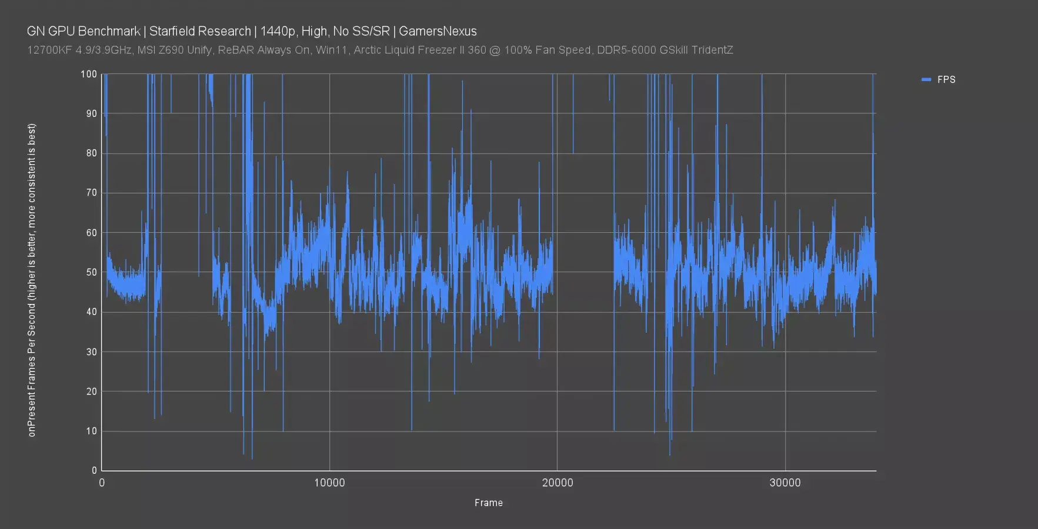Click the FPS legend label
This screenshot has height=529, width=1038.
click(946, 79)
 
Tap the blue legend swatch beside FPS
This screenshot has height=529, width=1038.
click(926, 79)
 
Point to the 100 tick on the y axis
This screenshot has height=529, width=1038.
click(89, 74)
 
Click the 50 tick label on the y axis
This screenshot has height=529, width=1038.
click(91, 272)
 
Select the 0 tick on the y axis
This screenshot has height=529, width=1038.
click(94, 470)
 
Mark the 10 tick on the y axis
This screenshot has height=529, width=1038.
click(91, 431)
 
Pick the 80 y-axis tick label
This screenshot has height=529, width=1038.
click(91, 153)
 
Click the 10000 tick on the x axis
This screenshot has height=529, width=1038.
click(329, 483)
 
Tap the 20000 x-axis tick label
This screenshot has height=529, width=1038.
click(557, 483)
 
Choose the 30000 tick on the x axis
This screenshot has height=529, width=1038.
click(785, 483)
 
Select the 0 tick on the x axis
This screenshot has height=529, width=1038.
click(102, 483)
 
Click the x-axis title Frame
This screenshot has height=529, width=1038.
click(489, 503)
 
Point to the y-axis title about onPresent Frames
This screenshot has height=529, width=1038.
click(32, 280)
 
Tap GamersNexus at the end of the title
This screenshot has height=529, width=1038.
click(438, 31)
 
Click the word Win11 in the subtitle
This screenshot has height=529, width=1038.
click(329, 50)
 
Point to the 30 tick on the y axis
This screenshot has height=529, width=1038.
click(91, 351)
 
